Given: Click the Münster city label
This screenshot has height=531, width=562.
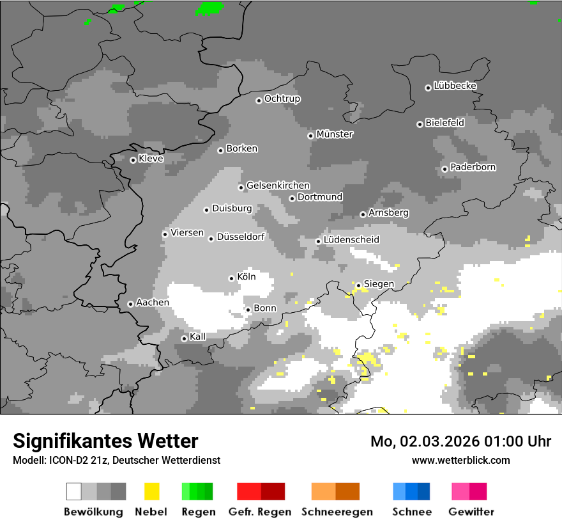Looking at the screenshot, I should [x=335, y=134].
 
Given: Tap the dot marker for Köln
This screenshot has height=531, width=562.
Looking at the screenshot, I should [x=231, y=278].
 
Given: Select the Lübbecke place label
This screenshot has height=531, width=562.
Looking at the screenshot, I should [x=455, y=86].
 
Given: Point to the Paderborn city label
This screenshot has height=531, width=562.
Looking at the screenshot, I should [x=473, y=167].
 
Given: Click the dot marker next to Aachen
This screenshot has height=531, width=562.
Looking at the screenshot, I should [x=130, y=304].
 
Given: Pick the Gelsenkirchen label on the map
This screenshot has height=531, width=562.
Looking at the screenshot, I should [x=278, y=186].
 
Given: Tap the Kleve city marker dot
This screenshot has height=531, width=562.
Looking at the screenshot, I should [x=133, y=160].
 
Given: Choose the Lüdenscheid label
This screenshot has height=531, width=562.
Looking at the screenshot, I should [x=351, y=240].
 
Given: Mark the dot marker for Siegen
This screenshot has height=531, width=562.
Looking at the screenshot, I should [x=358, y=285].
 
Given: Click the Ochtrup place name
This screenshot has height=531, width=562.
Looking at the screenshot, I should [x=282, y=99].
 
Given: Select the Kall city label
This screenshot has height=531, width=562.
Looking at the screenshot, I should [x=198, y=337].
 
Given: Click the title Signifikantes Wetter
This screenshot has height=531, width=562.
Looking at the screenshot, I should [x=105, y=441].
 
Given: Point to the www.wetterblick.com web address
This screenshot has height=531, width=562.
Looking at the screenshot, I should [x=461, y=460].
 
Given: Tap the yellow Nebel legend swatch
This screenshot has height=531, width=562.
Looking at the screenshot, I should [x=151, y=491].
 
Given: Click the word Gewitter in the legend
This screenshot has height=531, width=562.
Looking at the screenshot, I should [x=471, y=512].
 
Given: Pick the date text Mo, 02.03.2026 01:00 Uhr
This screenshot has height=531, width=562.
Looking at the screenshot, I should [x=460, y=441].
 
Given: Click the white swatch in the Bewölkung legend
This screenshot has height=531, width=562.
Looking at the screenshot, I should [x=74, y=491].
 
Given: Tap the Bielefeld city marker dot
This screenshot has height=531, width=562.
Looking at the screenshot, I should [x=420, y=124].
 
